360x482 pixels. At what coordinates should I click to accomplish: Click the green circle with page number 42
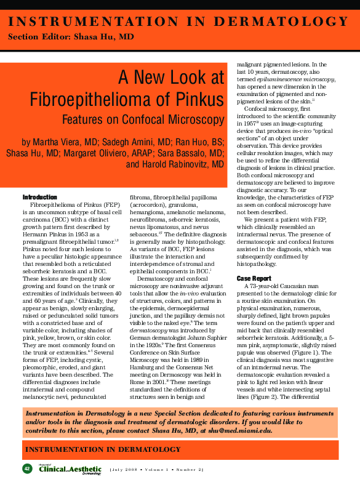(27, 468)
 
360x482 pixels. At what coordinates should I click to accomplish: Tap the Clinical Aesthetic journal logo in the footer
(61, 469)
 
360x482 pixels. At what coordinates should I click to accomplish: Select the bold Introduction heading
(39, 197)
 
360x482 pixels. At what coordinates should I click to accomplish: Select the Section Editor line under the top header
(70, 38)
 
